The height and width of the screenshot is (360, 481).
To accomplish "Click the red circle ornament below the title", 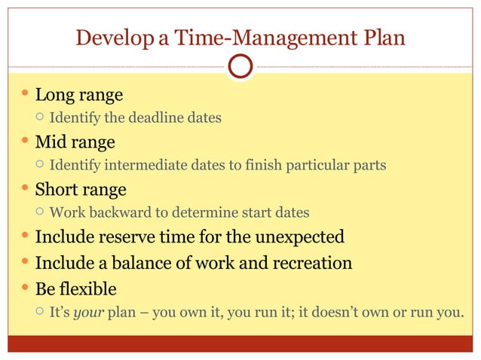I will (240, 66).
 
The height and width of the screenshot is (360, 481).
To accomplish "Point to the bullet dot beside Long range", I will (25, 94).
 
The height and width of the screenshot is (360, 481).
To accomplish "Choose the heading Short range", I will (81, 189).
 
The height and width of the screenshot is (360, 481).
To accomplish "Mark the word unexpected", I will (300, 237).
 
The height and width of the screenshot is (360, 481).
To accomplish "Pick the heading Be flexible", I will (75, 288).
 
